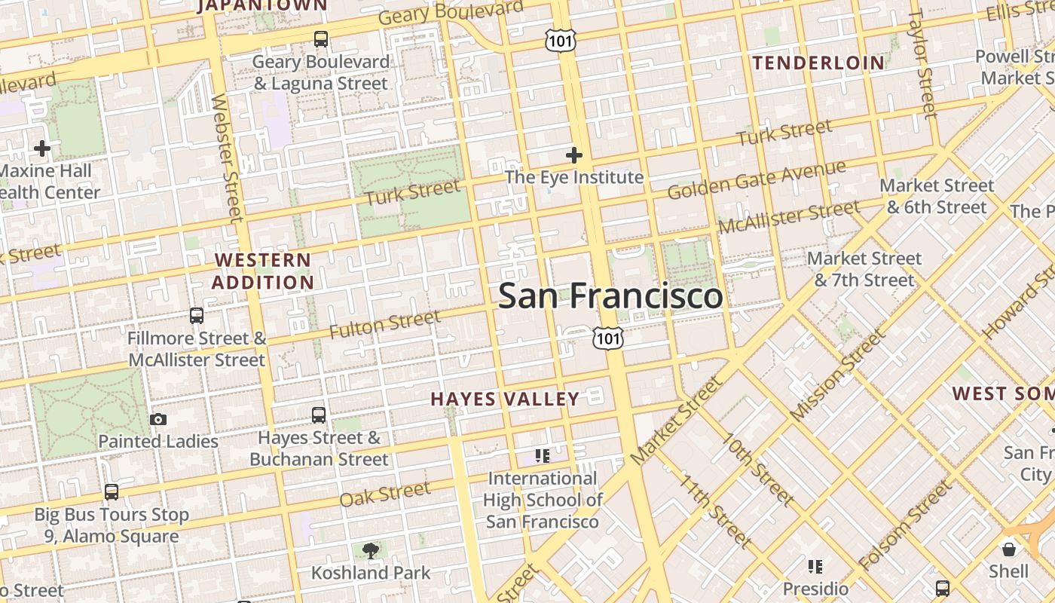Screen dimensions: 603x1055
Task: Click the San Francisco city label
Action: [x=610, y=295]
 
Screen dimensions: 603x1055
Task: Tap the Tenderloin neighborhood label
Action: [x=818, y=63]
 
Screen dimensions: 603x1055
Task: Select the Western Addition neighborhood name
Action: [x=262, y=271]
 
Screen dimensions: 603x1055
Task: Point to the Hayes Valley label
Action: [x=505, y=399]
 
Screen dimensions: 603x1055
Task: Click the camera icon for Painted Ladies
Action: [x=158, y=420]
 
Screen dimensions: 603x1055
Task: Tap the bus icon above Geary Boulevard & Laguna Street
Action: [x=321, y=39]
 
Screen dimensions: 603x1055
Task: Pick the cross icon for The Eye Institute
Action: [x=574, y=155]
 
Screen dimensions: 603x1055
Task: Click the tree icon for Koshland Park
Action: [x=371, y=551]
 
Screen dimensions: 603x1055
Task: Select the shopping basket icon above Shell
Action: [x=1009, y=549]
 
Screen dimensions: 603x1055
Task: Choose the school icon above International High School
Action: [x=542, y=455]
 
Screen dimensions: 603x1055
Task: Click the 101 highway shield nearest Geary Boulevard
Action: [x=561, y=41]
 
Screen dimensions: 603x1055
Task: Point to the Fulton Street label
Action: [x=384, y=324]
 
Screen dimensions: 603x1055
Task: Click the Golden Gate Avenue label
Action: [x=756, y=179]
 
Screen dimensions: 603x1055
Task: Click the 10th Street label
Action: [x=757, y=469]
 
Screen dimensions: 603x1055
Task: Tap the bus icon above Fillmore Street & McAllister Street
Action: [x=197, y=316]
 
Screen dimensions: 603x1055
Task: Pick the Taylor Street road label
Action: [x=922, y=64]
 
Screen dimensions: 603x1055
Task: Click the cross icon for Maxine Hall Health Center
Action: [x=42, y=148]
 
